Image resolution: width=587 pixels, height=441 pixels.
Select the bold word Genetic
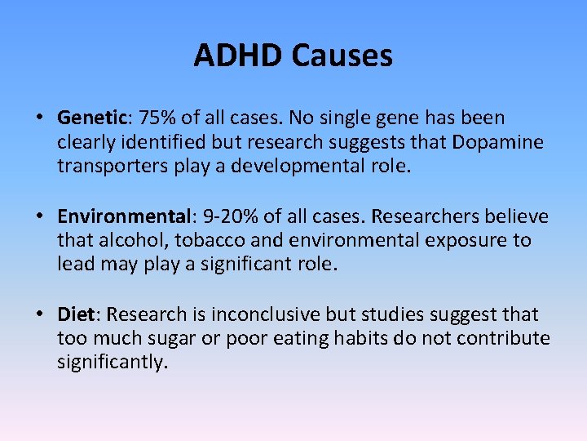click(88, 118)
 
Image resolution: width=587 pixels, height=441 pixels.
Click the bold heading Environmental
click(122, 216)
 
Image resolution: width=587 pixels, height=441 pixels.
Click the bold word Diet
click(76, 314)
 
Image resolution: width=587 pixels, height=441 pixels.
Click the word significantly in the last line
click(111, 362)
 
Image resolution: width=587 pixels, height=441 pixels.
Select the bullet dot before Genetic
click(39, 118)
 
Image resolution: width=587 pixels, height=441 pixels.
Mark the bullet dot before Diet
click(39, 314)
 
